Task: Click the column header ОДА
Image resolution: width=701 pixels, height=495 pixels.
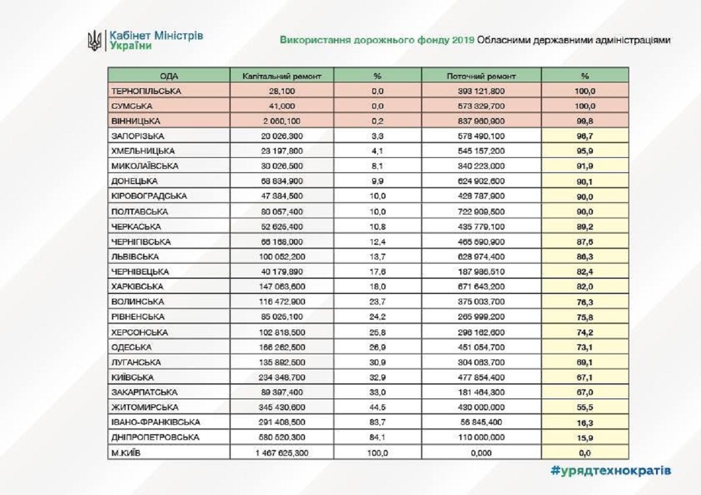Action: pyautogui.click(x=168, y=76)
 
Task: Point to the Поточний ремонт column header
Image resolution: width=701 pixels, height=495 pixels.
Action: pyautogui.click(x=481, y=76)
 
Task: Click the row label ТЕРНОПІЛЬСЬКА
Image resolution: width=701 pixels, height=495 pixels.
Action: pyautogui.click(x=146, y=91)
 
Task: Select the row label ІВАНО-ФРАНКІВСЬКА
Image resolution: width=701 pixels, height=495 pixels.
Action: pyautogui.click(x=155, y=422)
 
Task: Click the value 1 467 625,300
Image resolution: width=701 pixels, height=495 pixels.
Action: pyautogui.click(x=282, y=452)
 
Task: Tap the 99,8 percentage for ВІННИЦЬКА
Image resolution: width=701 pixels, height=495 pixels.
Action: pyautogui.click(x=585, y=121)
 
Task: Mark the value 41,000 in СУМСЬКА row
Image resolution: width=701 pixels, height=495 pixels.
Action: pyautogui.click(x=282, y=106)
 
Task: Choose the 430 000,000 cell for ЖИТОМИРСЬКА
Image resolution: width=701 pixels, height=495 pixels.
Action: pyautogui.click(x=481, y=407)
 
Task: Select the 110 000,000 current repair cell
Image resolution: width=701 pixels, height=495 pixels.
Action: pyautogui.click(x=481, y=437)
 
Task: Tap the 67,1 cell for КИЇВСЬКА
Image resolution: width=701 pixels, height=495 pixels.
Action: pyautogui.click(x=585, y=377)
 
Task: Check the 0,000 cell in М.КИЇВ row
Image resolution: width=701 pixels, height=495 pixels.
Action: pyautogui.click(x=481, y=452)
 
